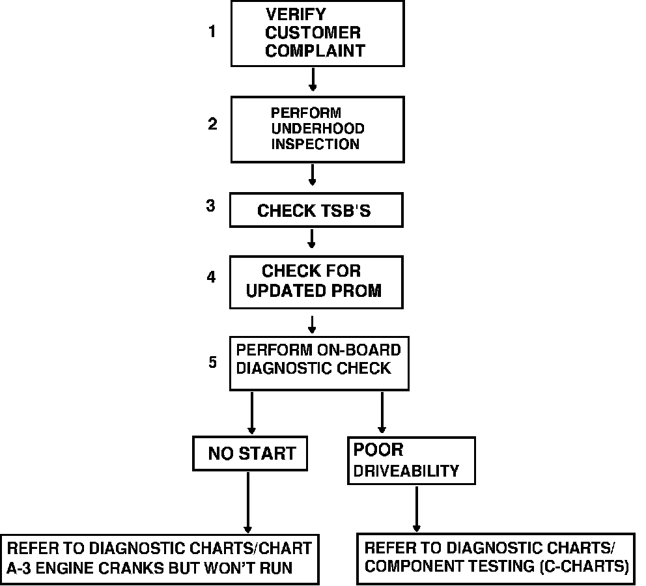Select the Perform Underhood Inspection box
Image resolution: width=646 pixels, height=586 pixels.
pos(317,129)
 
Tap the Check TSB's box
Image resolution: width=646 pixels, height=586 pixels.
pos(315,211)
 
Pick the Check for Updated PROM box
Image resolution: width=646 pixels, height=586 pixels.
pos(315,281)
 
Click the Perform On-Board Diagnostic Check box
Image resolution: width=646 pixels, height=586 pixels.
pos(318,363)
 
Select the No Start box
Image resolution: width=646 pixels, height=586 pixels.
pos(251,453)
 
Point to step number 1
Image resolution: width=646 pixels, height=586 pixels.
pos(212,31)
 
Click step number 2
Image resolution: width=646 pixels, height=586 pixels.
pos(212,124)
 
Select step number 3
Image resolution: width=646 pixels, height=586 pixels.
pos(210,206)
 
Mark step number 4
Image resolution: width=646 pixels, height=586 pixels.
pos(211,277)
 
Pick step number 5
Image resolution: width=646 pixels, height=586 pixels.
pos(213,362)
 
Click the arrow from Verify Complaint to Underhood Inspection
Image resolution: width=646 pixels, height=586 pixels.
pos(313,79)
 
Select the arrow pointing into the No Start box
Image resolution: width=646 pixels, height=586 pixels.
pos(251,413)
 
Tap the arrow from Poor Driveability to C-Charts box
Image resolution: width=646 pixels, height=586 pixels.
pos(417,508)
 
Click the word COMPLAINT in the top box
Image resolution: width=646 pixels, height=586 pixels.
pos(315,51)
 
